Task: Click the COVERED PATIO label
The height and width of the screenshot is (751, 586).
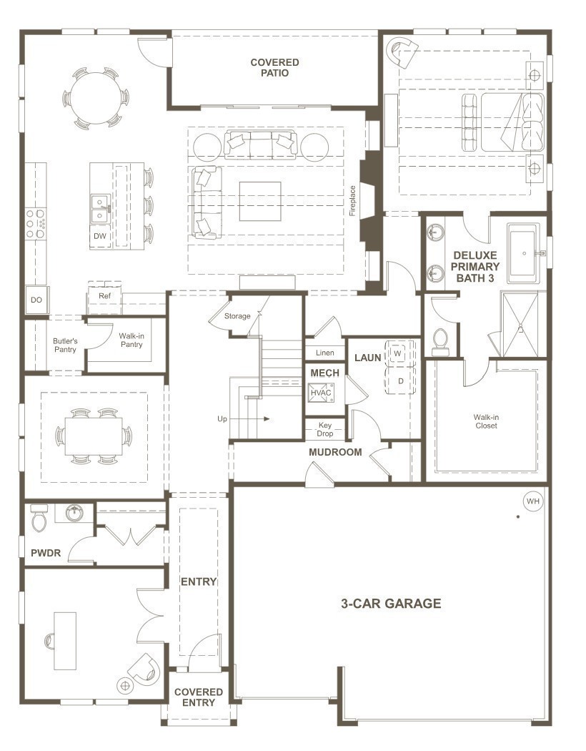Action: (274, 67)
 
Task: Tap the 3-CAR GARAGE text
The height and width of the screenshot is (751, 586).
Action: (390, 603)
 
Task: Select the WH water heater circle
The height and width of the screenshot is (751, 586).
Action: (532, 501)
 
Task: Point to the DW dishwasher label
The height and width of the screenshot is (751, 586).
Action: (100, 236)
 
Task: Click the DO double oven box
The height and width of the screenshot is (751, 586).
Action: (36, 300)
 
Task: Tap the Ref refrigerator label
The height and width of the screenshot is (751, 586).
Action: (105, 295)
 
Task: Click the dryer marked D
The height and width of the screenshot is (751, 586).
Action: (401, 381)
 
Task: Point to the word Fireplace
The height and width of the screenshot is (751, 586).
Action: (352, 200)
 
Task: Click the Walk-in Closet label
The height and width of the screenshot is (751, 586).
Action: (485, 421)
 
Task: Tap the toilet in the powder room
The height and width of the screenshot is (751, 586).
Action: (39, 519)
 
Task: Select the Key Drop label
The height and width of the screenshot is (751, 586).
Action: (325, 428)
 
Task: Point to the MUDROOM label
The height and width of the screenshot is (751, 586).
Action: (335, 452)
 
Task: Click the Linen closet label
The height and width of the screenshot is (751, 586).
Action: (324, 353)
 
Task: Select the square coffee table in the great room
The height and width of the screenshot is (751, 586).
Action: (259, 202)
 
